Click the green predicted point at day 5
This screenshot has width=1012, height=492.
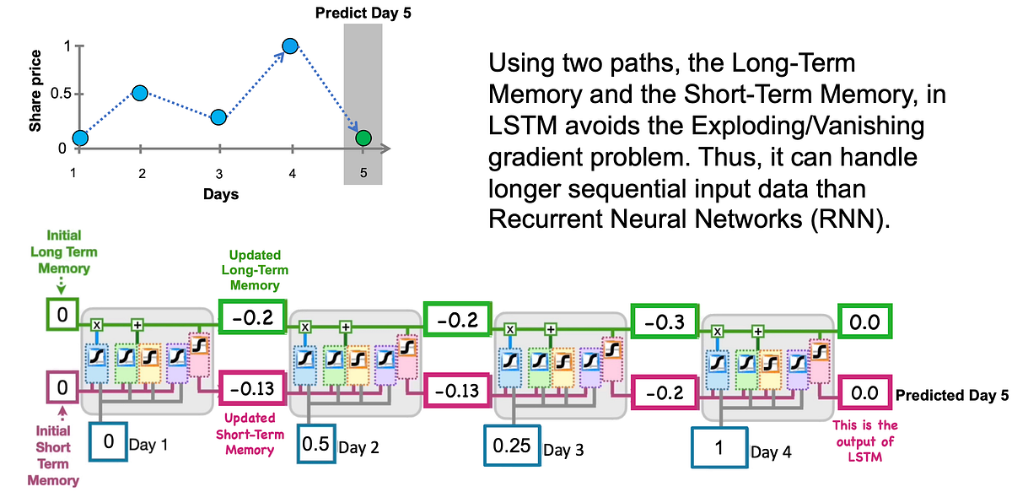tap(363, 138)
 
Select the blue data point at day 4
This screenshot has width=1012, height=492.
tap(290, 46)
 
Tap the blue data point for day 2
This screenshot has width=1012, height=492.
tap(140, 92)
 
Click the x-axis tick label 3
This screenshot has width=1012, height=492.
tap(218, 173)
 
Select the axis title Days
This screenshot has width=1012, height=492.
tap(220, 194)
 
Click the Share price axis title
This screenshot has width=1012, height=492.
tap(35, 100)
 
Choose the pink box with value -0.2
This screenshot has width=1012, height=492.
tap(666, 392)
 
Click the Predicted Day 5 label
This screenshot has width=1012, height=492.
tap(950, 394)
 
